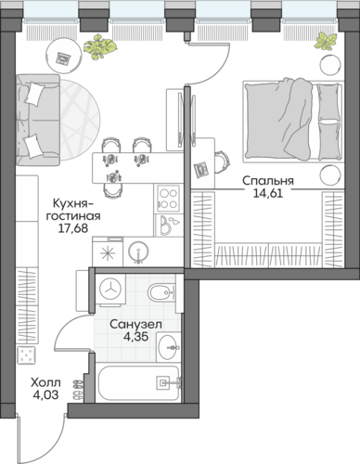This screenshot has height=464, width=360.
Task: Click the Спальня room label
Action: pos(268,181)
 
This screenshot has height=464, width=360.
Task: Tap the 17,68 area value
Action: pos(73,228)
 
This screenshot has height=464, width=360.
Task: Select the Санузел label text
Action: pos(135,325)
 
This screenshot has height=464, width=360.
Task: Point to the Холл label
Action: pos(45,382)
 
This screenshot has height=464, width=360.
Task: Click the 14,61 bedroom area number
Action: pos(268,193)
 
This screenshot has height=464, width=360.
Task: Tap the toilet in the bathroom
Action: pos(161,292)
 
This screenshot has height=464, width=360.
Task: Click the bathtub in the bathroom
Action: pos(139,384)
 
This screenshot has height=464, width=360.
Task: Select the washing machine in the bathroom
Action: pos(110,290)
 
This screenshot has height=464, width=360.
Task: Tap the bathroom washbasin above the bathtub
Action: pos(168,347)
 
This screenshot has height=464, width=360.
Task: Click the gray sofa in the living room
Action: pos(38,120)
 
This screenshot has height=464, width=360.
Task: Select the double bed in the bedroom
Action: pos(293,122)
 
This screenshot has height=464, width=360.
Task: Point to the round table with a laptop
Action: pos(65,57)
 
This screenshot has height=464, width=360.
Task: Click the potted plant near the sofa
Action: pos(99,46)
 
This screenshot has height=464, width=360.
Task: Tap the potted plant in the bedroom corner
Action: pos(325,42)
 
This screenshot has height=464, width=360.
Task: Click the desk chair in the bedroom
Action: pos(223,161)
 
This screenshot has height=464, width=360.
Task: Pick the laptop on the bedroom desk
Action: pos(201,170)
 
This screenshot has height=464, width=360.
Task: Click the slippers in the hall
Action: pos(78,390)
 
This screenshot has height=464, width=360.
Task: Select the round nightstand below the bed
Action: pos(330,175)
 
